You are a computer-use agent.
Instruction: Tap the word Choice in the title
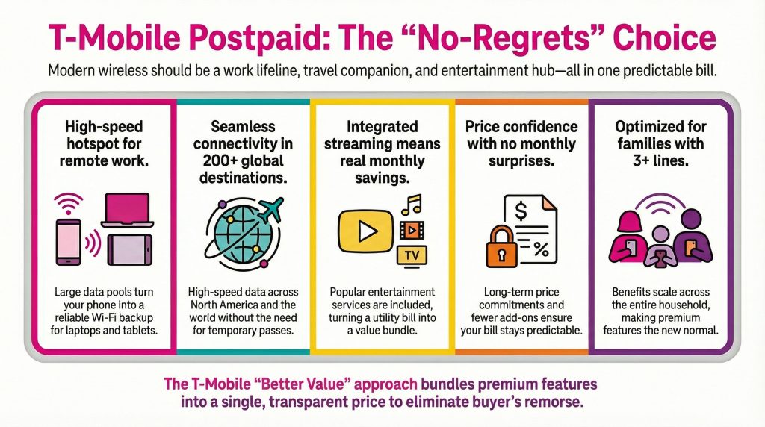point(664,37)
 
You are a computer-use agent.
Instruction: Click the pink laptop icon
point(127,210)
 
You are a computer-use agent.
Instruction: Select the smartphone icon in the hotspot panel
point(68,243)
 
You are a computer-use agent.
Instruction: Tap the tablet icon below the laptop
point(130,249)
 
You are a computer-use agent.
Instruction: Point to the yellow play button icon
point(365,231)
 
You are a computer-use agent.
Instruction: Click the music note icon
point(412,205)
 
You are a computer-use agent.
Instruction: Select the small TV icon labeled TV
point(412,255)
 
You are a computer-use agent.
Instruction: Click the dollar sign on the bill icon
point(521,211)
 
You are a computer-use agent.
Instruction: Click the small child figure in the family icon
point(660,247)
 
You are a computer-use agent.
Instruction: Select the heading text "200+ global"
point(243,160)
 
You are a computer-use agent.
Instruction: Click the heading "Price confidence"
point(521,127)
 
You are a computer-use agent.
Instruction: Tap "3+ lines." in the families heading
point(660,160)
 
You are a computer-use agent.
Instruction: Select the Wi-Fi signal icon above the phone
point(68,203)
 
